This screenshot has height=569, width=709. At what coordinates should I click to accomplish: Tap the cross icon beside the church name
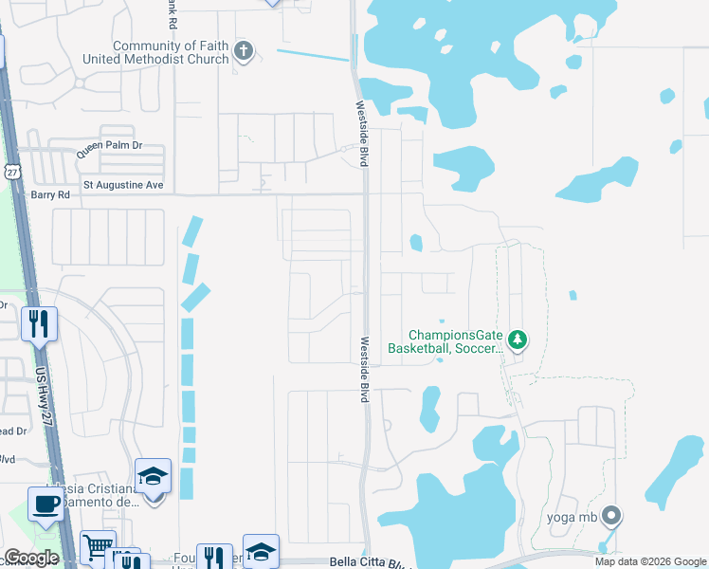click(x=244, y=51)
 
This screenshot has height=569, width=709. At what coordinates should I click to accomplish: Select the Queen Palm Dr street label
click(x=109, y=146)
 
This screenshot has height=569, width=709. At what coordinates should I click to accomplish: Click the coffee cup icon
click(x=45, y=503)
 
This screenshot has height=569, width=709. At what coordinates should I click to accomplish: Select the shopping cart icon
click(x=97, y=545)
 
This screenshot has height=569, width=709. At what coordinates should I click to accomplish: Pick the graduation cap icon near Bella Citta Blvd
click(x=262, y=552)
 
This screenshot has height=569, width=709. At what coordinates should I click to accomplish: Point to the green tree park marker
click(x=517, y=339)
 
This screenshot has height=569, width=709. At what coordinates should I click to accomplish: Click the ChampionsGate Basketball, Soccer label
click(x=455, y=341)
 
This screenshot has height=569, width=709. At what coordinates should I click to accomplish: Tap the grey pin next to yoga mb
click(x=611, y=517)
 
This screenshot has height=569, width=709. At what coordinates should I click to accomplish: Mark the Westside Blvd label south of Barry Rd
click(x=364, y=370)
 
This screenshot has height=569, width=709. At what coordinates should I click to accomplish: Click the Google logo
click(x=31, y=558)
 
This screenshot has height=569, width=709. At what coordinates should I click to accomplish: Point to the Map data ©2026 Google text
click(x=649, y=561)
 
